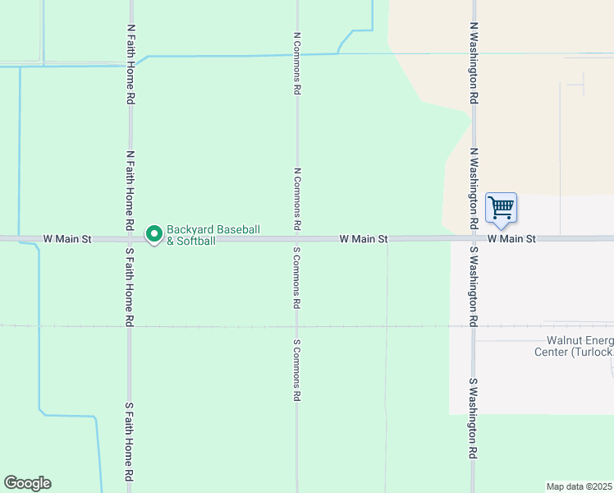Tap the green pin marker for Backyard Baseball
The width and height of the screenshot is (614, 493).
pos(153,234)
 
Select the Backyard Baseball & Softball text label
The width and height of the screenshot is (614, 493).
pos(213,235)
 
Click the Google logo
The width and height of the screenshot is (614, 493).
pos(27,483)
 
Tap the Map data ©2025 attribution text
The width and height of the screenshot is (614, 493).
pos(580,486)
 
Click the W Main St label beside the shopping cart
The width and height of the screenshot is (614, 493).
pos(511,239)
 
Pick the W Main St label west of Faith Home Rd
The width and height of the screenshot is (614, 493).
pos(68,239)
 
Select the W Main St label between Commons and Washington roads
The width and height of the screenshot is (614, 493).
pos(364,239)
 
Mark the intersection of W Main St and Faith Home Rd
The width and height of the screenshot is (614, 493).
pos(130,239)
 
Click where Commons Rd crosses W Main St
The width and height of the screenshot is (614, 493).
pos(297,239)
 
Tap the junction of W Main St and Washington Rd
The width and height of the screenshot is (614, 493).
pos(474,239)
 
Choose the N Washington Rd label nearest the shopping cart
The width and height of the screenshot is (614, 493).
pos(474,188)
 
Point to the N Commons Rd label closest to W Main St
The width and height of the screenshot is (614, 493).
pos(297,197)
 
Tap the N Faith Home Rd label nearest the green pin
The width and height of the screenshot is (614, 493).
pos(130,190)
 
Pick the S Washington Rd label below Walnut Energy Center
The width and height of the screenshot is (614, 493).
pos(474,418)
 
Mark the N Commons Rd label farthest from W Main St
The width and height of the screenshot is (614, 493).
pos(297,63)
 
